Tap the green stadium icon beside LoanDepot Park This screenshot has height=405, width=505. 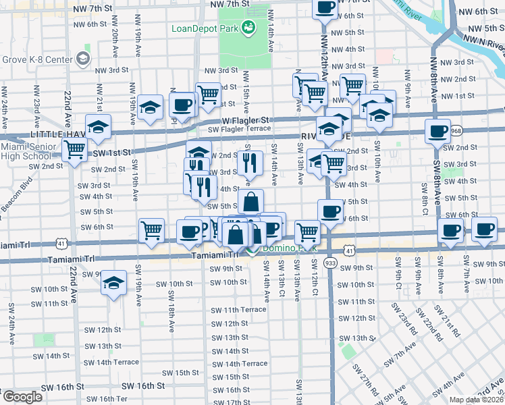coord(248,28)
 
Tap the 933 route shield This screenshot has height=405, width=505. coord(330,261)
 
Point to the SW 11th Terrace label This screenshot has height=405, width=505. coord(238,310)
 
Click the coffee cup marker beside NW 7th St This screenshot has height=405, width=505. coord(325,8)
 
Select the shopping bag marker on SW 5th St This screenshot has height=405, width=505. coord(250,201)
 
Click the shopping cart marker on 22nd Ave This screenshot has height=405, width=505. coord(74,149)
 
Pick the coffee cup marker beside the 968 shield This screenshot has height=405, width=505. coord(437,130)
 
